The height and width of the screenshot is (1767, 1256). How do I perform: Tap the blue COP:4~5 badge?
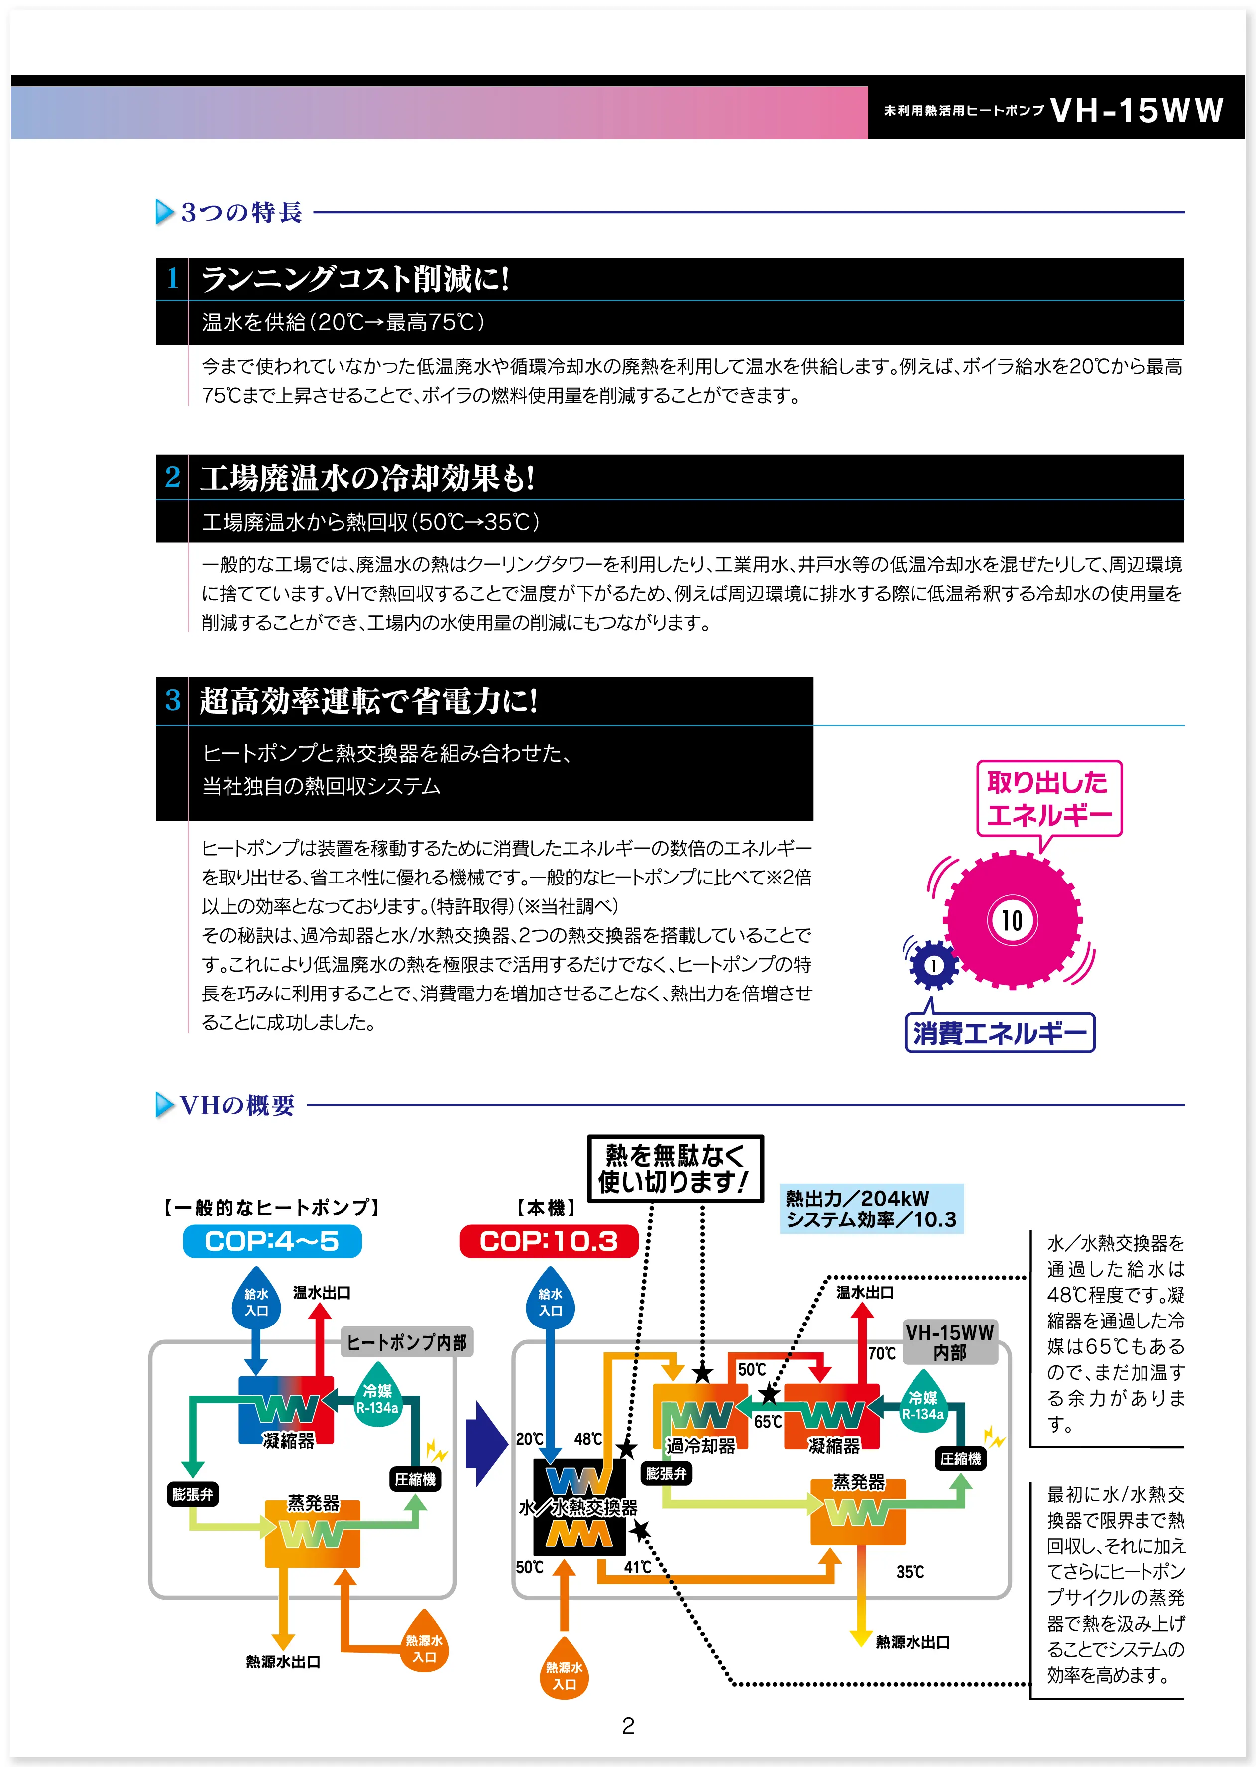(x=271, y=1241)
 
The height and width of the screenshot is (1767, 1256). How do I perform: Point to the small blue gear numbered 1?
(x=933, y=965)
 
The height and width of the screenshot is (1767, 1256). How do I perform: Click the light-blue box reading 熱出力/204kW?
(x=871, y=1209)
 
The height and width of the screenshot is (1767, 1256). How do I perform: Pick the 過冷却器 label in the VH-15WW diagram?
(x=701, y=1445)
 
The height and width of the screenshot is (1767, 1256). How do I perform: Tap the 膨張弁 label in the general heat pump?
(x=192, y=1494)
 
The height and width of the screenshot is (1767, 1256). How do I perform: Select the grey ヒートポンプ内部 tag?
(x=407, y=1342)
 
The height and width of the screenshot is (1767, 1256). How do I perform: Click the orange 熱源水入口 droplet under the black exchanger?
(x=564, y=1676)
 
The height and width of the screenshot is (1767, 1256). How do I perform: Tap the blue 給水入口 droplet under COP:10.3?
(x=550, y=1302)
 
